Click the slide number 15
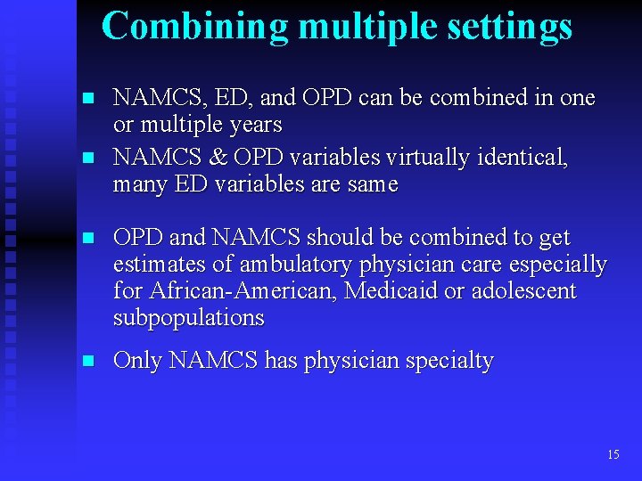coord(613,454)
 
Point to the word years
coord(254,125)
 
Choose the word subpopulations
coord(189,318)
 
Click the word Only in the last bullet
coord(137,361)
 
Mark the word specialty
coord(448,362)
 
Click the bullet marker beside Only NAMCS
coord(86,362)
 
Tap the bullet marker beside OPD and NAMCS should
coord(86,239)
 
